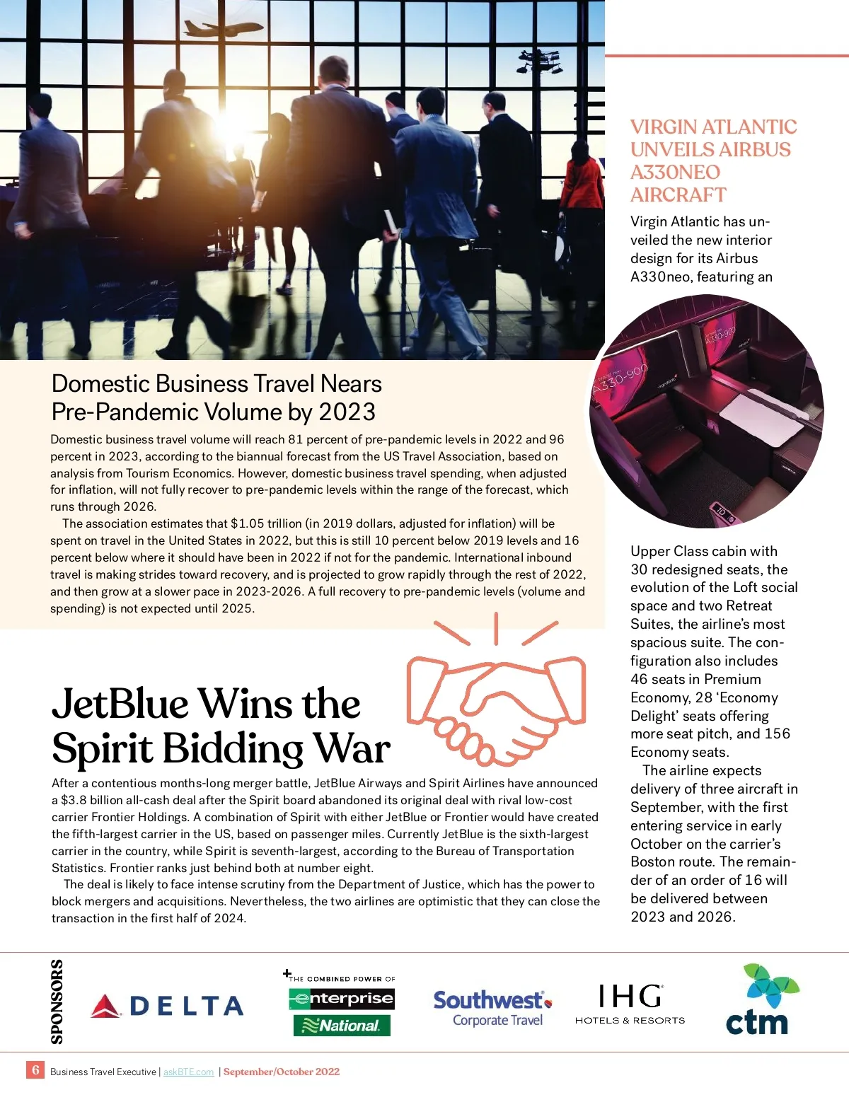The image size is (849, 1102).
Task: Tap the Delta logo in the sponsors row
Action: coord(167,1006)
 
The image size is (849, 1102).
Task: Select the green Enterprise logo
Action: coord(342,999)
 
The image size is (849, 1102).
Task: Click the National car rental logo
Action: coord(342,1025)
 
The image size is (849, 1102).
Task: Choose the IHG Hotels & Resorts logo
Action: coord(630,1004)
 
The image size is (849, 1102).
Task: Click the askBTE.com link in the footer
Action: coord(188,1072)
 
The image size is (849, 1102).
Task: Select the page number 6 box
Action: coord(35,1069)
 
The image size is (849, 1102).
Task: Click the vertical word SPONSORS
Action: coord(57,1002)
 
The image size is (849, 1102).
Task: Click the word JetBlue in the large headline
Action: coord(120,704)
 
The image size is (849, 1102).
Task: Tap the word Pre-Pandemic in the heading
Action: coord(120,412)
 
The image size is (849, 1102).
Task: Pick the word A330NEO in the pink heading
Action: coord(675,172)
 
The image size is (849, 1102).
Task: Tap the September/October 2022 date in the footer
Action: coord(282,1072)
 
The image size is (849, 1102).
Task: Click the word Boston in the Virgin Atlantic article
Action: coord(652,862)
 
